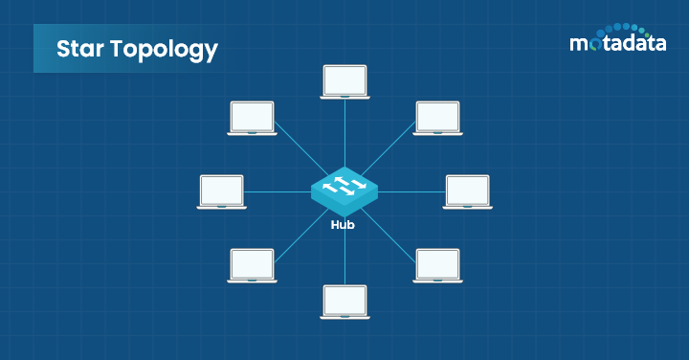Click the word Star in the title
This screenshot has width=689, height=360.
click(80, 48)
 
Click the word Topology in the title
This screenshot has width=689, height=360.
click(164, 50)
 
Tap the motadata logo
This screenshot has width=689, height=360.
click(618, 37)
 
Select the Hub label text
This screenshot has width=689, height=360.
click(343, 225)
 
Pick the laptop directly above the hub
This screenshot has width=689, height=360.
click(344, 82)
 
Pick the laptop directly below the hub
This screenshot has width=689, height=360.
click(344, 302)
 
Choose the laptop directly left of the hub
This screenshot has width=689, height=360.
click(221, 192)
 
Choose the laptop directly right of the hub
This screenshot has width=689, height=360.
click(468, 192)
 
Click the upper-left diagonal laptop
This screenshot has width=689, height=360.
click(253, 118)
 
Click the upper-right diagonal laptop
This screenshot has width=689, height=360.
click(437, 118)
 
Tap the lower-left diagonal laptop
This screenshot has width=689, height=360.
click(253, 265)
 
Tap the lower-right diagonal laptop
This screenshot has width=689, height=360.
click(437, 265)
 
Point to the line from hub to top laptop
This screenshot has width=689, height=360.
click(344, 134)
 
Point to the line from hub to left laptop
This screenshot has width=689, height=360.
click(278, 192)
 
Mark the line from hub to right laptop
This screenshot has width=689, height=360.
click(411, 192)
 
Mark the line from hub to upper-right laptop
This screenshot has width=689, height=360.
click(389, 148)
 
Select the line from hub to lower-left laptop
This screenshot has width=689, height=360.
click(301, 236)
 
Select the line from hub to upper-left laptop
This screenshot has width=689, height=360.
click(301, 148)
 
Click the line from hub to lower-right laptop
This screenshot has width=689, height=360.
click(389, 236)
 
